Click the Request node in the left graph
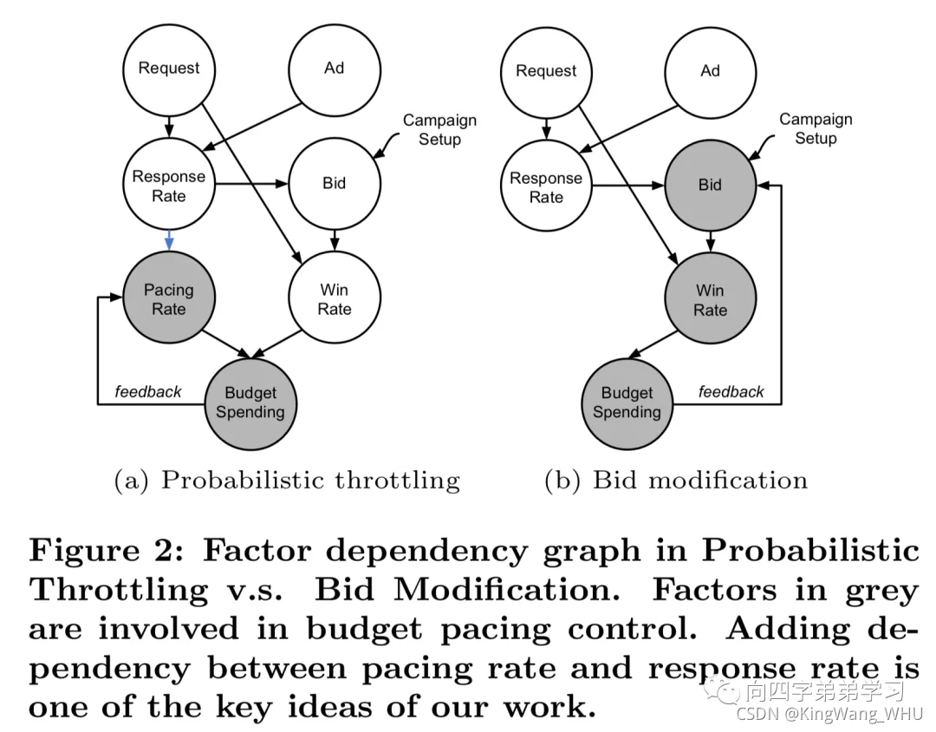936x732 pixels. pos(169,69)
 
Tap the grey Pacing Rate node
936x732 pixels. pos(169,299)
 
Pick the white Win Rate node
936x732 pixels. pos(334,299)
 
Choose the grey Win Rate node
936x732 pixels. pos(710,300)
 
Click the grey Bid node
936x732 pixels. pos(710,185)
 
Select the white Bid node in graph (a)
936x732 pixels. pos(334,184)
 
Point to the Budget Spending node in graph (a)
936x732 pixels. pos(250,403)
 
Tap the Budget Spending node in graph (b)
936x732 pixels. pos(627,403)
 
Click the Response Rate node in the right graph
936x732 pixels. pos(546,187)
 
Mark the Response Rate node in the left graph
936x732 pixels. pos(169,186)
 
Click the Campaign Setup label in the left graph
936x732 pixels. pos(439,130)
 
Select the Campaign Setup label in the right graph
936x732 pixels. pos(816,128)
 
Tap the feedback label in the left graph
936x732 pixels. pos(148,392)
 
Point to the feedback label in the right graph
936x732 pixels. pos(731,392)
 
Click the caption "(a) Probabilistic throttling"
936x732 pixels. pos(287,480)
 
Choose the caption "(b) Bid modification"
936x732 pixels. pos(675,480)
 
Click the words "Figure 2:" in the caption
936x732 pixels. pos(102,552)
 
